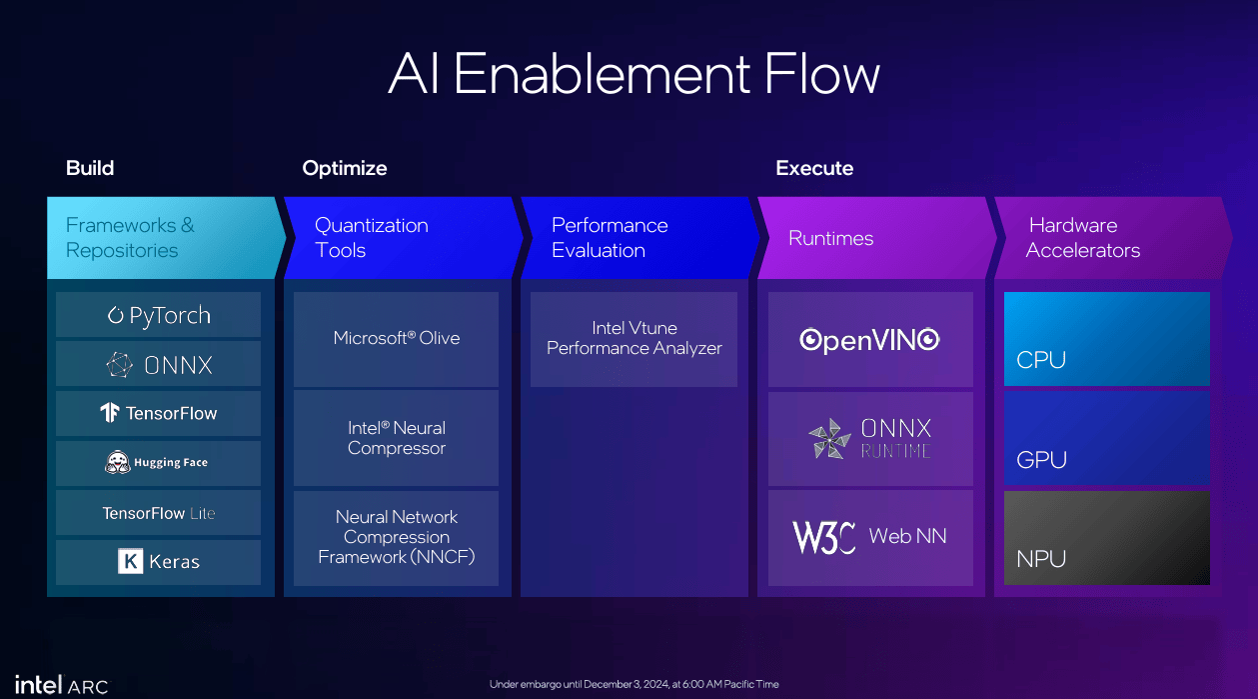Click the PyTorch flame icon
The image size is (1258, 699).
115,315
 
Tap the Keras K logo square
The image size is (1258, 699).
130,561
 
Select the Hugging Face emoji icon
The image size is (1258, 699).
117,462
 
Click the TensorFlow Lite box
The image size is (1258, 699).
158,512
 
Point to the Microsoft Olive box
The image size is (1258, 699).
396,339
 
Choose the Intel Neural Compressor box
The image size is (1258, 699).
396,438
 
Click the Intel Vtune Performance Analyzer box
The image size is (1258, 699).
634,339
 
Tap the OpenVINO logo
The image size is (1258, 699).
869,340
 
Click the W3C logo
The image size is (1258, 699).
823,537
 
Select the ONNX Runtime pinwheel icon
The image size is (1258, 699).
829,439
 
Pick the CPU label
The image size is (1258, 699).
1040,360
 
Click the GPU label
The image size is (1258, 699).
1041,460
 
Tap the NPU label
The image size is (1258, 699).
1040,559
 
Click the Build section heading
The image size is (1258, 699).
90,168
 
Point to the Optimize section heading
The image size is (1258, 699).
345,169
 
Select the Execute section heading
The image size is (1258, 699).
814,168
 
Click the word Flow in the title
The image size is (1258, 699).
821,74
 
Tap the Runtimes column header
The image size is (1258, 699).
830,238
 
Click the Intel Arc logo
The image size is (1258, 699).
62,685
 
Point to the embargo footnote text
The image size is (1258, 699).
634,684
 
